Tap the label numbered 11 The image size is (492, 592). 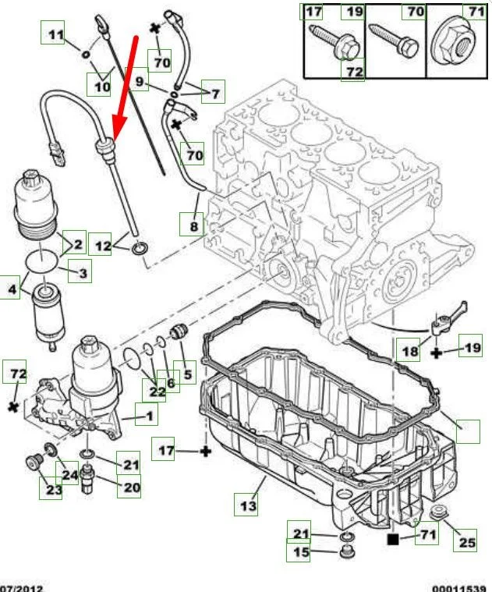(53, 35)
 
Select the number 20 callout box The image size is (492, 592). (130, 487)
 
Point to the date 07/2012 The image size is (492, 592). (21, 587)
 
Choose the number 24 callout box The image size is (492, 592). (69, 473)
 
